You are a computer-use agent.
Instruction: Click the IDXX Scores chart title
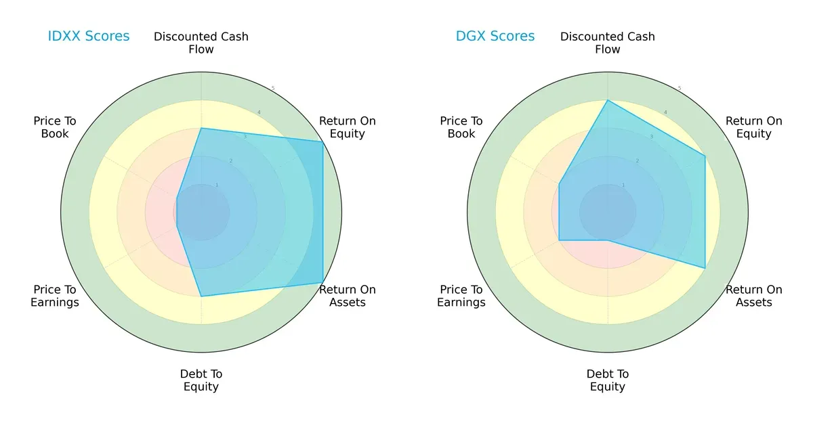89,37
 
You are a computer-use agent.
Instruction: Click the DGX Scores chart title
495,37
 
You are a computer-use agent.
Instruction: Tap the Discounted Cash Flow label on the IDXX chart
201,43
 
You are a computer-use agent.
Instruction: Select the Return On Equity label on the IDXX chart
348,127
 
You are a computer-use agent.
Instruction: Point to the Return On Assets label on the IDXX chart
348,296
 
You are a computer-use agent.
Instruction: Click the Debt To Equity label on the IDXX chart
201,380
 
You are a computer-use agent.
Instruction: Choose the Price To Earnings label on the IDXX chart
55,296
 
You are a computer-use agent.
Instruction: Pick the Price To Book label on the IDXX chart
55,127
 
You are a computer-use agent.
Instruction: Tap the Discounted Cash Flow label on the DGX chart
608,43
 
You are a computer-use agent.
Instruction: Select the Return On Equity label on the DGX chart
754,127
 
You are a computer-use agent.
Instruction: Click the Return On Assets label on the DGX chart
754,296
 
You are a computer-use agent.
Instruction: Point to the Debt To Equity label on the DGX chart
608,380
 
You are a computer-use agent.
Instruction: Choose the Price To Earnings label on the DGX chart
461,296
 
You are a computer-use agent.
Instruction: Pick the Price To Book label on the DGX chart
461,127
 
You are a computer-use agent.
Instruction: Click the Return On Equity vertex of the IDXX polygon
322,141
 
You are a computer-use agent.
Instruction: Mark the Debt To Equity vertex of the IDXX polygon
201,296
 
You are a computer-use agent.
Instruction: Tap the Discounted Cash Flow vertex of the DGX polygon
608,100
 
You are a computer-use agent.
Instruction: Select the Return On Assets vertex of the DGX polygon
705,268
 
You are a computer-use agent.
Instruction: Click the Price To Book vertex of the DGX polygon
559,183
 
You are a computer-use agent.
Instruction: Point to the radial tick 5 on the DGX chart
680,89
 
